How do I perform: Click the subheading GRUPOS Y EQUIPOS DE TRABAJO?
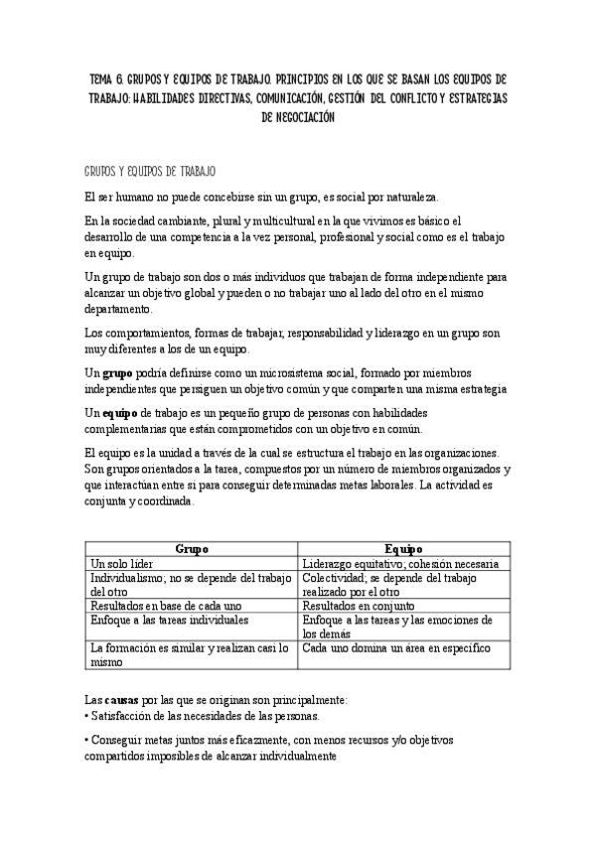point(151,172)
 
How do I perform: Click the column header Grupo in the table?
point(192,548)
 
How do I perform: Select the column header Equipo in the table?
point(403,548)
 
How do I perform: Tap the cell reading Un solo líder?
point(125,563)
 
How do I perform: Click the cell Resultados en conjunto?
point(359,605)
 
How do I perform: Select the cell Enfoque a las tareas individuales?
point(169,620)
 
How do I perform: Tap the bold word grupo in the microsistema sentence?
point(116,371)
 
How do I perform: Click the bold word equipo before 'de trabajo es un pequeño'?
point(118,413)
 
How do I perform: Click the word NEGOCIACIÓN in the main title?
point(298,116)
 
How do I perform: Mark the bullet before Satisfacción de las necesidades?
point(86,716)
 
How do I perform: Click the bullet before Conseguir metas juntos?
point(86,740)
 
